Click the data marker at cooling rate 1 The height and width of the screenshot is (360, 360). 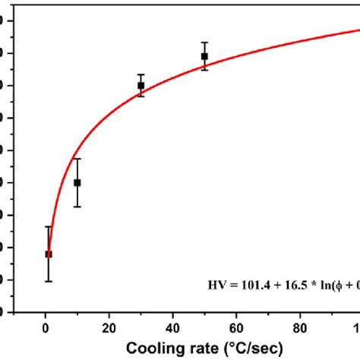(x=49, y=254)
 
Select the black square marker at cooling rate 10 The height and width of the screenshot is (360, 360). (x=77, y=182)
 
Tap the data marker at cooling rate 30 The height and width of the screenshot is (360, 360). (x=141, y=85)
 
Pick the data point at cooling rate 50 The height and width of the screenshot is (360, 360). (x=204, y=56)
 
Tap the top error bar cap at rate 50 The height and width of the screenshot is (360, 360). (x=204, y=43)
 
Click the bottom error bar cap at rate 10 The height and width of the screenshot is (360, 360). (x=77, y=207)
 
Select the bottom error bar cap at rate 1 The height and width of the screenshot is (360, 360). (x=49, y=282)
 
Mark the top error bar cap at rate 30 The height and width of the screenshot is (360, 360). (x=141, y=74)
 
